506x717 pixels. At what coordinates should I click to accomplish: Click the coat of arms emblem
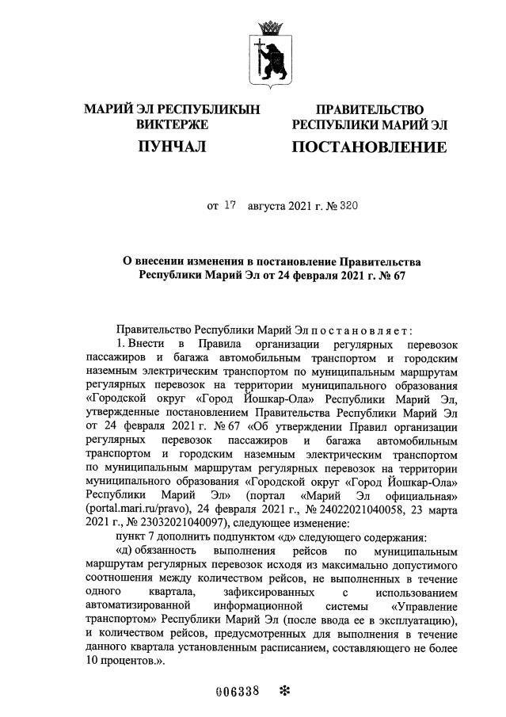272,53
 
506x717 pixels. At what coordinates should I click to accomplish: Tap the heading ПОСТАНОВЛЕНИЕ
370,147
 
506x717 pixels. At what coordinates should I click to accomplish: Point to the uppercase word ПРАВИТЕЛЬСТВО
369,109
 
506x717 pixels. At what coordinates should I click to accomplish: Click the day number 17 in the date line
230,205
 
